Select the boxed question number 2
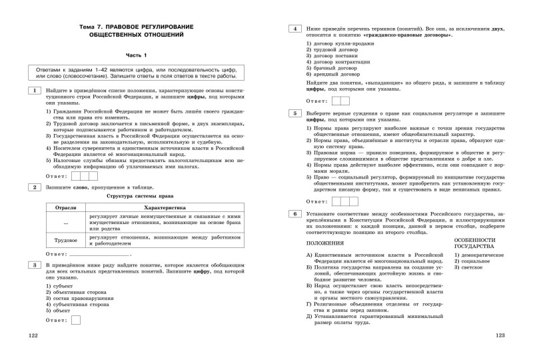[33, 188]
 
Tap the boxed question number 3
[33, 265]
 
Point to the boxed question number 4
[293, 30]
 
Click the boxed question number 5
[293, 114]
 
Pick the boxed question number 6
[293, 213]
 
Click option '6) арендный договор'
[336, 75]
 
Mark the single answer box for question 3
[75, 320]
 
